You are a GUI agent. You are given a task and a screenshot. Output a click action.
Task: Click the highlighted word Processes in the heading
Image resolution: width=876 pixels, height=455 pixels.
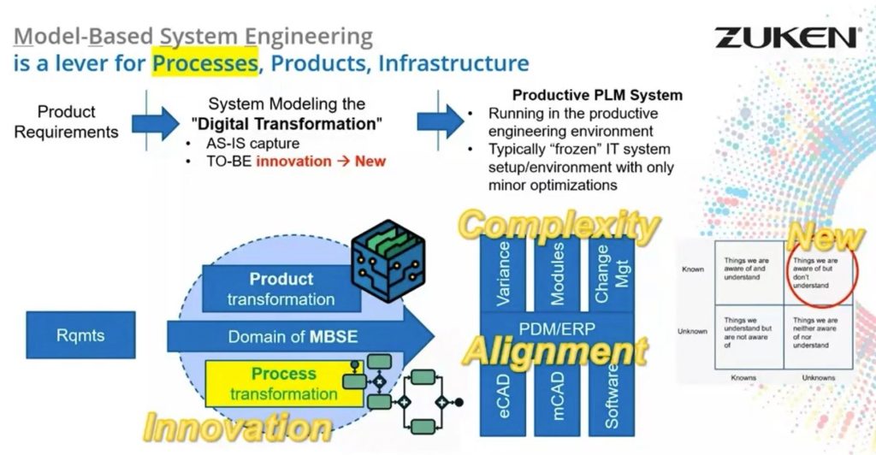point(205,63)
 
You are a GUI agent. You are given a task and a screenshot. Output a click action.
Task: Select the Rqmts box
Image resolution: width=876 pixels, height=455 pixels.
point(82,335)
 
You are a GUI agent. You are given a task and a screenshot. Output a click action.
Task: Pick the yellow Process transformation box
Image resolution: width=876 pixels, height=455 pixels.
point(283,384)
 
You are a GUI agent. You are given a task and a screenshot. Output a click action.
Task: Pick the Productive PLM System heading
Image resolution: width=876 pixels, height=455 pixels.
point(596,95)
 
